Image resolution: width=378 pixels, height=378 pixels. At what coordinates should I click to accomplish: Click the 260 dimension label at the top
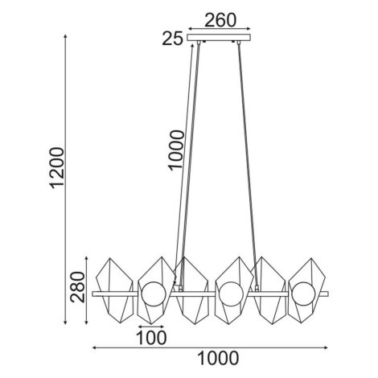click(x=220, y=20)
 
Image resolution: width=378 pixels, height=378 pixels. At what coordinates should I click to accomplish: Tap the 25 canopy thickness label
click(x=173, y=39)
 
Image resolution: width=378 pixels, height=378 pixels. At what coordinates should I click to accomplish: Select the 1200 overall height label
click(x=58, y=168)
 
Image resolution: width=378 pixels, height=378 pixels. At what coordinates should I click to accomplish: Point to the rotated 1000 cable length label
click(x=176, y=150)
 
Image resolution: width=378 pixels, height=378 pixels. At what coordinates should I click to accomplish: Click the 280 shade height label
click(x=77, y=287)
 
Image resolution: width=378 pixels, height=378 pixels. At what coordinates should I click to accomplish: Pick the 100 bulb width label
click(x=151, y=338)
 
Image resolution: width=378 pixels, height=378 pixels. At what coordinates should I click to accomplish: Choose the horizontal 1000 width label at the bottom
click(x=218, y=358)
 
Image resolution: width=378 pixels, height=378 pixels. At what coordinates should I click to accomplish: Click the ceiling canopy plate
click(x=219, y=38)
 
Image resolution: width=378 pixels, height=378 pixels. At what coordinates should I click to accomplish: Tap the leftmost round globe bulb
click(x=153, y=294)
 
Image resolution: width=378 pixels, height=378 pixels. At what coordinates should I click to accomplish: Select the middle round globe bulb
click(x=231, y=294)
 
